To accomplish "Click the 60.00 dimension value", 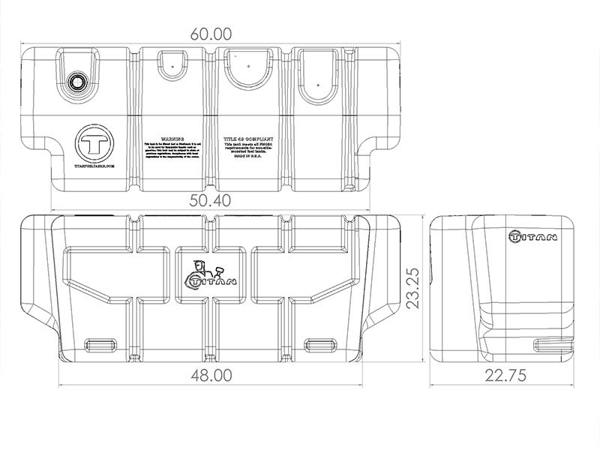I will [211, 34].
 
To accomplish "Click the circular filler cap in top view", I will [76, 82].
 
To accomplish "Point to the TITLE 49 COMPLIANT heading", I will [247, 139].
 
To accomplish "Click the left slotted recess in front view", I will [100, 343].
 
